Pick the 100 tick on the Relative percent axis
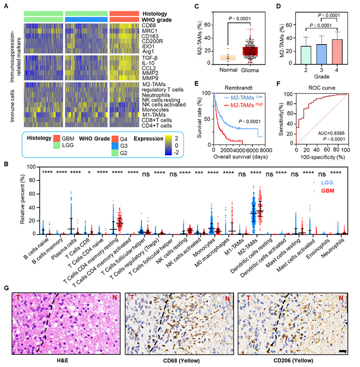(28, 167)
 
